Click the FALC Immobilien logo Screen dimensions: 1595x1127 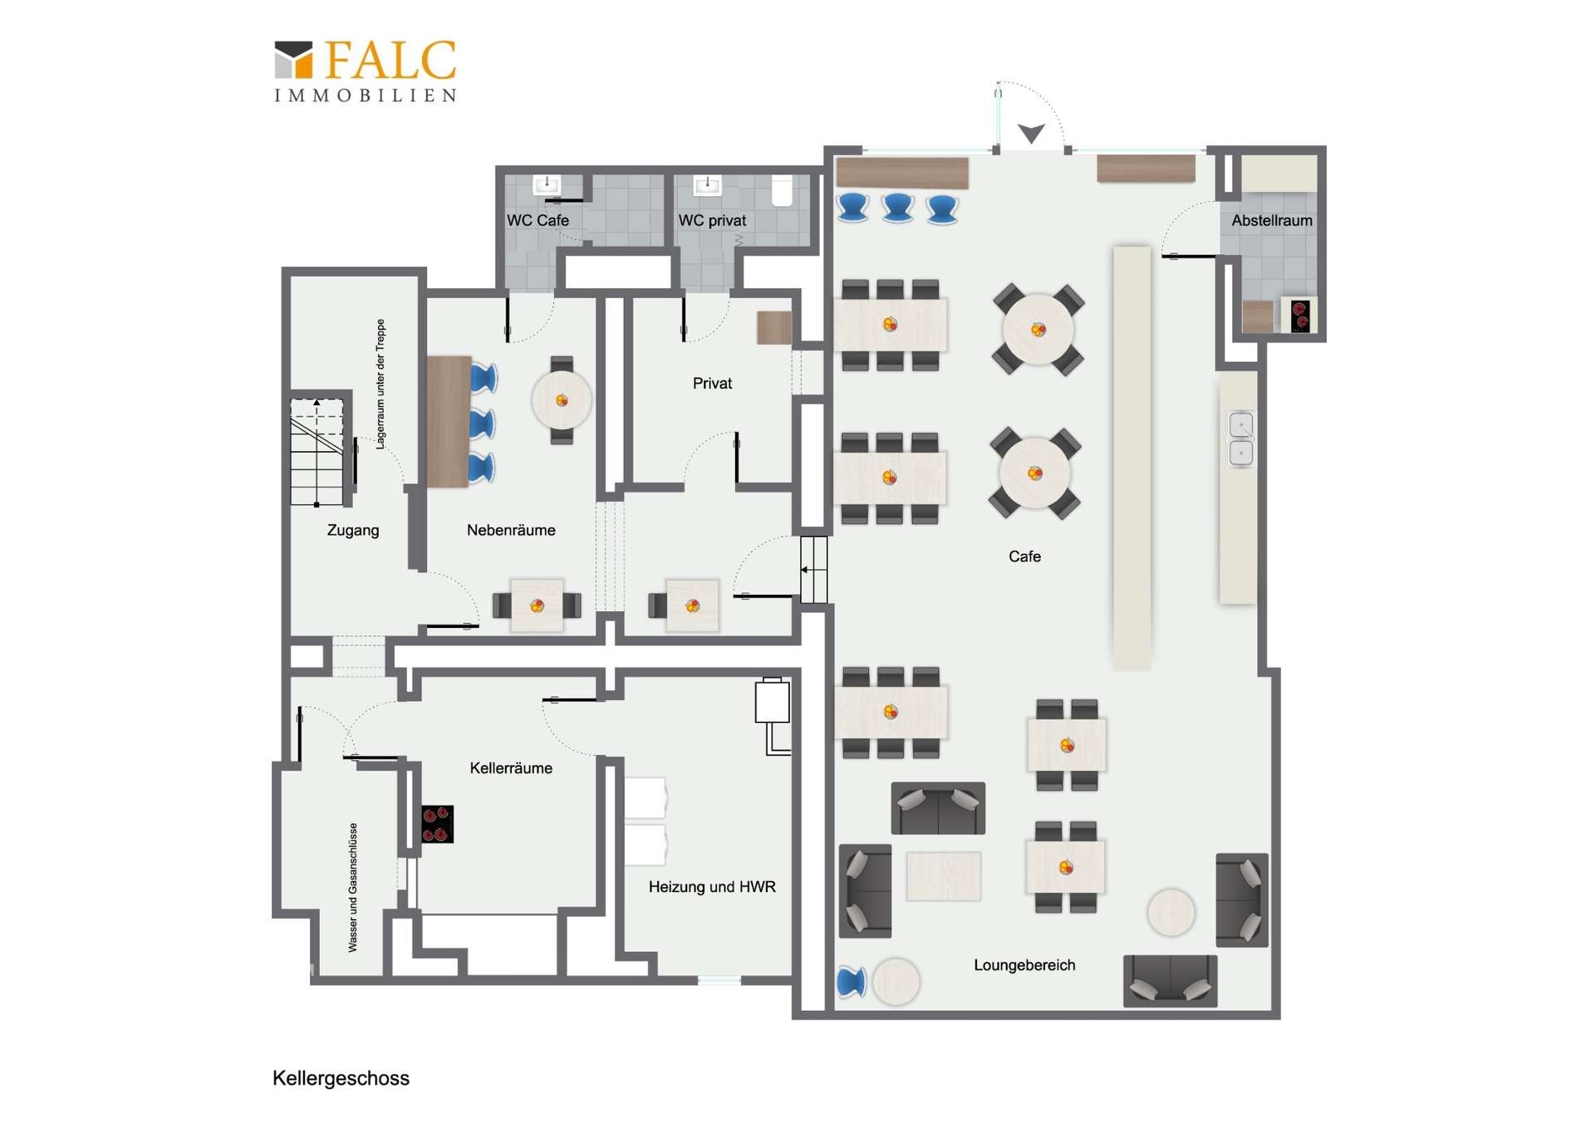point(366,71)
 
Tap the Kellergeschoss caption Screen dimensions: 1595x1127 point(341,1078)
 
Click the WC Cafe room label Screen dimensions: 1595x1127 point(537,220)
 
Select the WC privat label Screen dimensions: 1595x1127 point(712,220)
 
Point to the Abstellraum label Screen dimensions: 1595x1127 point(1272,220)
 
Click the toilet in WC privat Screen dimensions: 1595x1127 point(783,190)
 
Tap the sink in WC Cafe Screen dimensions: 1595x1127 point(547,184)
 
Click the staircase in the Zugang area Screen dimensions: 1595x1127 point(317,452)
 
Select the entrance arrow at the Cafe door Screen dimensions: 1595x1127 point(1031,133)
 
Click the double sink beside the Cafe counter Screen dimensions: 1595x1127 point(1241,438)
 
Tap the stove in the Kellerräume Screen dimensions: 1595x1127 point(437,824)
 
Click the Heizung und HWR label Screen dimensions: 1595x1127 point(712,887)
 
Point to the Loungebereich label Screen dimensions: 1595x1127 point(1024,965)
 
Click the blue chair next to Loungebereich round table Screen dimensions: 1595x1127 point(851,982)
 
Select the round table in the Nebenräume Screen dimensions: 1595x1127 point(562,399)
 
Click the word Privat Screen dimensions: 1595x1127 point(712,383)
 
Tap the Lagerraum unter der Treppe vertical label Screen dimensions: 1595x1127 point(380,384)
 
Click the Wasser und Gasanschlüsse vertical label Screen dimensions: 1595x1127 point(353,887)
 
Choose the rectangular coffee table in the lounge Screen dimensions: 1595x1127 point(943,875)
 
